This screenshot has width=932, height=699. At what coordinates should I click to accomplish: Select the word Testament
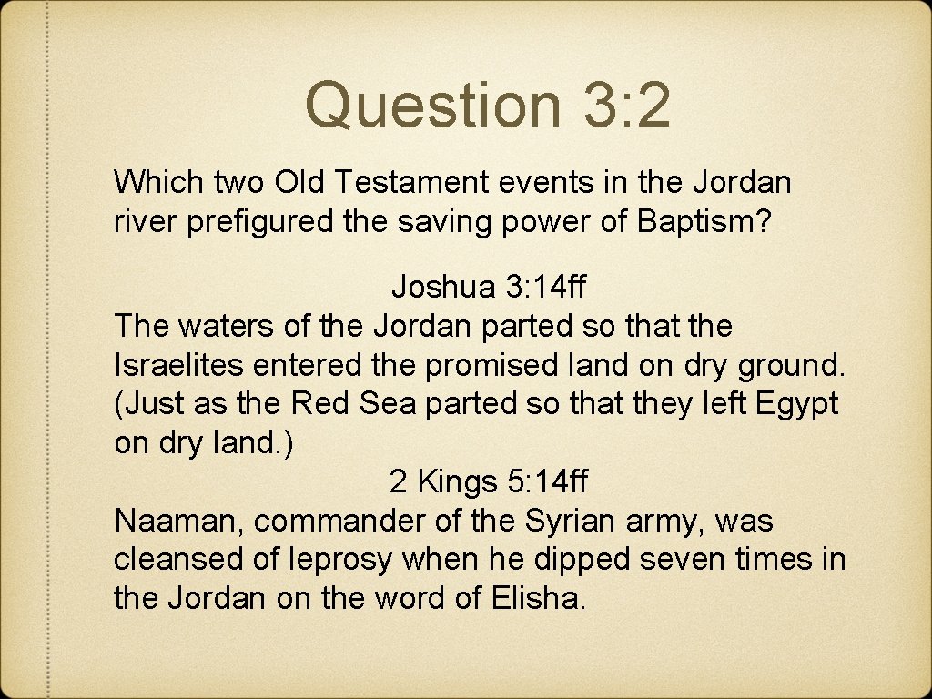411,182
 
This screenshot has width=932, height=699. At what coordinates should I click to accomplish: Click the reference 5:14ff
552,481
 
